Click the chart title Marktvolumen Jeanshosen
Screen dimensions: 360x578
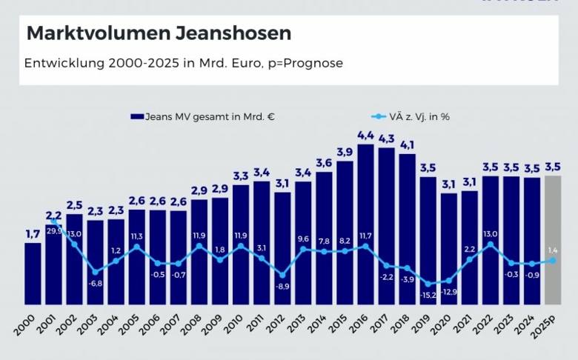[159, 34]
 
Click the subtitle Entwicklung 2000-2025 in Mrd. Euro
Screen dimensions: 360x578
[183, 63]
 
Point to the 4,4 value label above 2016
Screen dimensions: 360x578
[365, 136]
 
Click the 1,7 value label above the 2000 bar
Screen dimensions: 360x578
[33, 234]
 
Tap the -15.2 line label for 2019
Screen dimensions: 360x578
[428, 295]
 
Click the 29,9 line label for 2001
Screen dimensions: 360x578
[53, 230]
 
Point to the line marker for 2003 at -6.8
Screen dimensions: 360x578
[95, 272]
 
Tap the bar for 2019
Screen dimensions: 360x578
[428, 240]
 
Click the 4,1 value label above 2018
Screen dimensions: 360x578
[407, 145]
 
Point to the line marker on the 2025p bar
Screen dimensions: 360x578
[552, 260]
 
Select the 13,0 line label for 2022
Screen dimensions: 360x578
[491, 234]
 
